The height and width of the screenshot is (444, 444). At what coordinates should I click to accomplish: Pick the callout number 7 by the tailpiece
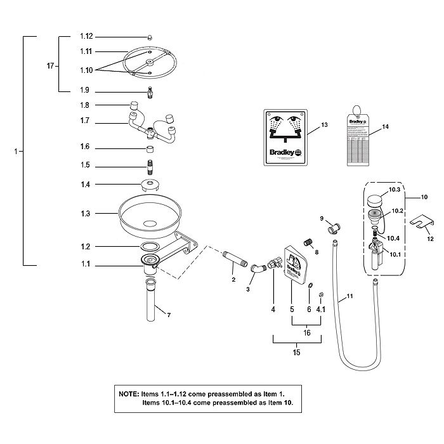(x=169, y=315)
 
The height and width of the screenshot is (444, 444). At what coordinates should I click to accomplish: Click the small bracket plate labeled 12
(x=422, y=223)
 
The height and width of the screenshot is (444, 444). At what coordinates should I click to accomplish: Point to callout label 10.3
(x=394, y=190)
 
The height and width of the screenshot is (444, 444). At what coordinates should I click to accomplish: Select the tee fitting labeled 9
(x=334, y=226)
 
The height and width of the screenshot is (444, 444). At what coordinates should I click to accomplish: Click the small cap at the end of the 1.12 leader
(x=150, y=37)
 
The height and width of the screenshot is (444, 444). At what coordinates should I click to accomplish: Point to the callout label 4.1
(x=321, y=310)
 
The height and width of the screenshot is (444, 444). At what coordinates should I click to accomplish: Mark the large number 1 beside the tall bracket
(x=13, y=152)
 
